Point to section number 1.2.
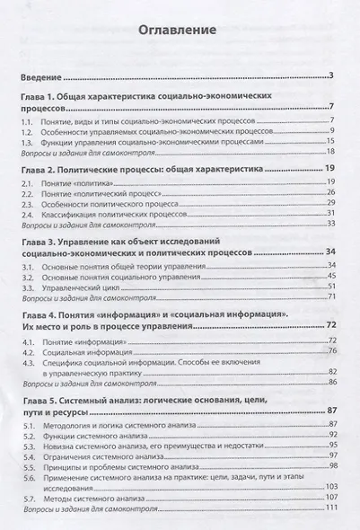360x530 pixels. tap(30, 130)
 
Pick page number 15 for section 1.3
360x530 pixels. tap(329, 141)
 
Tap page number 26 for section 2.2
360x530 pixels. tap(329, 193)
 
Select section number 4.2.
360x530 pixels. tap(30, 353)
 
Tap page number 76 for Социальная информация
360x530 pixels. tap(329, 353)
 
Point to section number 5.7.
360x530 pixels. tap(30, 497)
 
